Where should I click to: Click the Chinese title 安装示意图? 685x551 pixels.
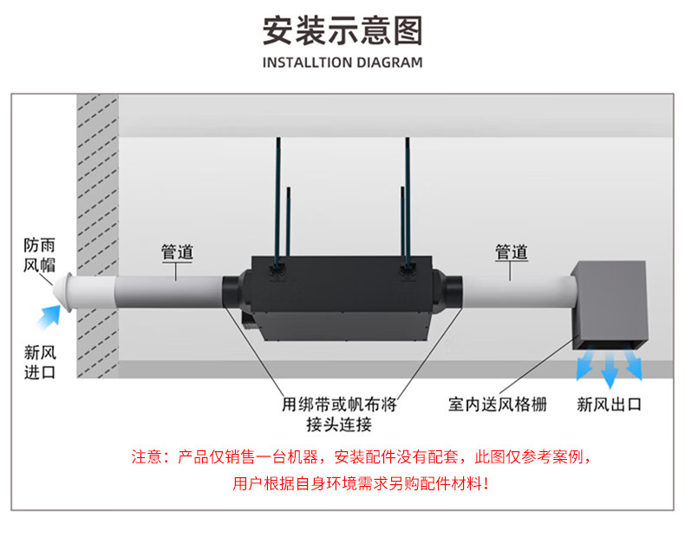342,30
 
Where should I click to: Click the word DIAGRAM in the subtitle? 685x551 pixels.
389,62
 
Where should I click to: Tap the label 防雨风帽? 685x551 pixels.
39,255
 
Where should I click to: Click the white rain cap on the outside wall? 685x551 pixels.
63,292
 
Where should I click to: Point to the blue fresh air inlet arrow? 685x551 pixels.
49,317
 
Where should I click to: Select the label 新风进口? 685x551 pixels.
40,362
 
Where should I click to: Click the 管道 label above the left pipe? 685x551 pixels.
177,253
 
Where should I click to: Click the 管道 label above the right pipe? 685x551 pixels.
511,253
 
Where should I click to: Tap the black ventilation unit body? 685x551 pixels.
341,298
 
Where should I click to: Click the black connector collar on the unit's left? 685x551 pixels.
232,292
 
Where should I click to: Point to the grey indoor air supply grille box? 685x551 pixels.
610,305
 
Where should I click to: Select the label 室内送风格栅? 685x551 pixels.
498,404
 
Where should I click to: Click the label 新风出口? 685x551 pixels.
609,404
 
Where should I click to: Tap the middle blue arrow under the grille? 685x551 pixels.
610,370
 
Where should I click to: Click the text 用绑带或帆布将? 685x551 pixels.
339,404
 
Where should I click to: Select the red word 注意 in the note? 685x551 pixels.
147,457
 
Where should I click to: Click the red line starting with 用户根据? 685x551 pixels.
361,483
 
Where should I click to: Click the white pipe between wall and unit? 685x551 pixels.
169,292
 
